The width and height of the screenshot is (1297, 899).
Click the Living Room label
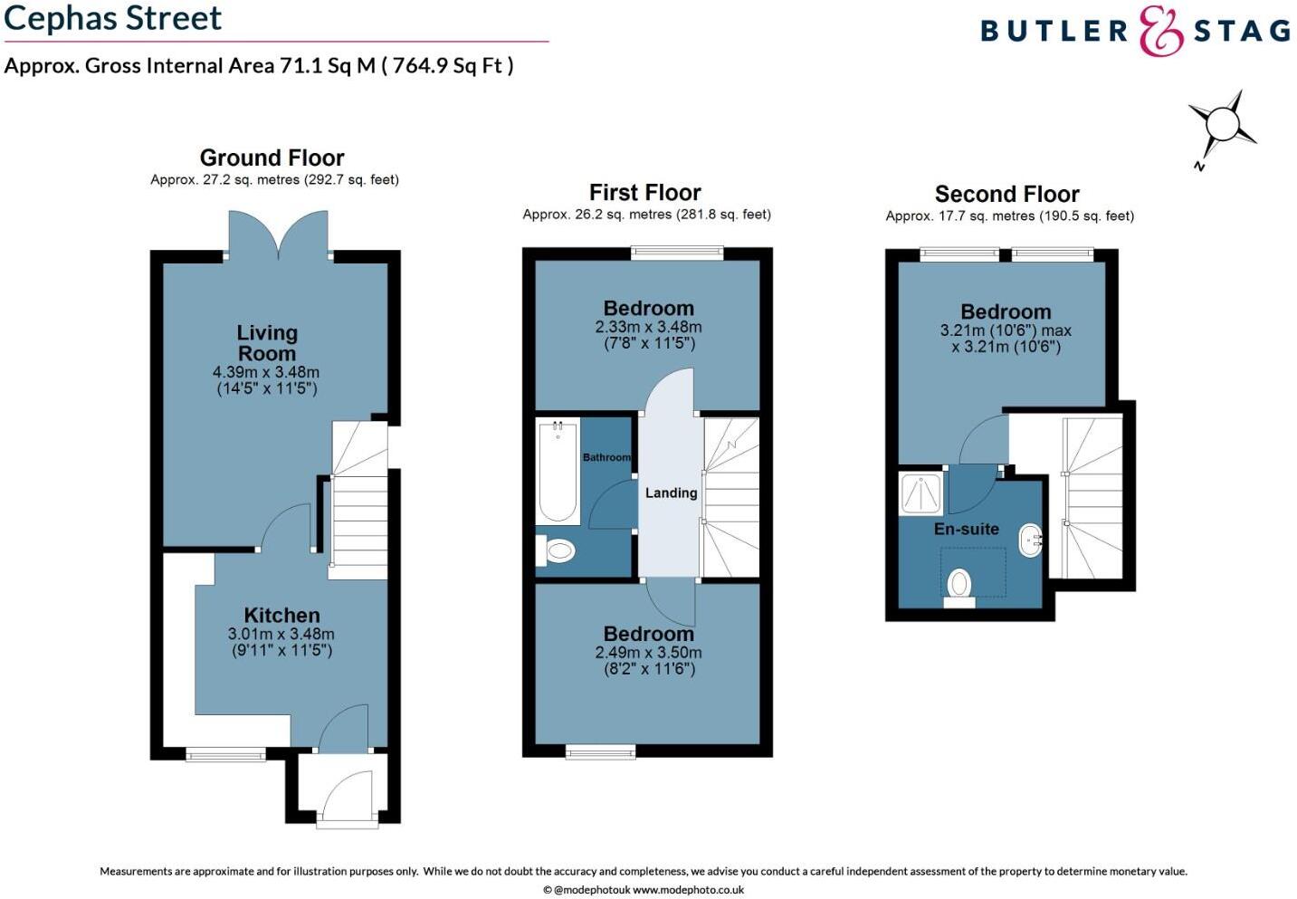coord(266,343)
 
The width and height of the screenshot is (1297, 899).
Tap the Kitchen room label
coord(281,616)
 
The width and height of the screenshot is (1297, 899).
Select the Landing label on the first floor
coord(671,493)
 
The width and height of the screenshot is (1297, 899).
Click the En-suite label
coord(966,529)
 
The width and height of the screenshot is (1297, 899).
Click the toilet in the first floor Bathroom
coord(557,550)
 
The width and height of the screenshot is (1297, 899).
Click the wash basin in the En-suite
coord(1030,540)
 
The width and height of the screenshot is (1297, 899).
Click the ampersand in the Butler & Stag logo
coord(1160,32)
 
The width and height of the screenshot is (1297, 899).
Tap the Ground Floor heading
coord(272,158)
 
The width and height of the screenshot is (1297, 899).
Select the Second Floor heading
coord(1006,194)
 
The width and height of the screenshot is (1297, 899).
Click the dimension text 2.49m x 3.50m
coord(648,653)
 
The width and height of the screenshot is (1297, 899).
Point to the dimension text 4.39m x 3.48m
coord(266,372)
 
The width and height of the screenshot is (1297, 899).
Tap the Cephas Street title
coord(113,18)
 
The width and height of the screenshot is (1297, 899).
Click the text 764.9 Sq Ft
coord(447,65)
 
